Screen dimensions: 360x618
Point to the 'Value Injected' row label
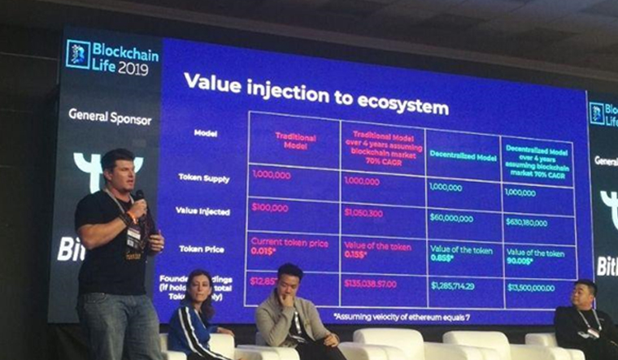tap(202, 211)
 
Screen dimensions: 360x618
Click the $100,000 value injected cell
tap(270, 208)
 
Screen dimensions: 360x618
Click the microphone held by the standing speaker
tap(139, 199)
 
